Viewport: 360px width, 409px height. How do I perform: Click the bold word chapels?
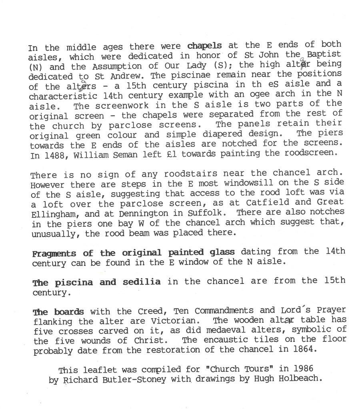click(x=204, y=45)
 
